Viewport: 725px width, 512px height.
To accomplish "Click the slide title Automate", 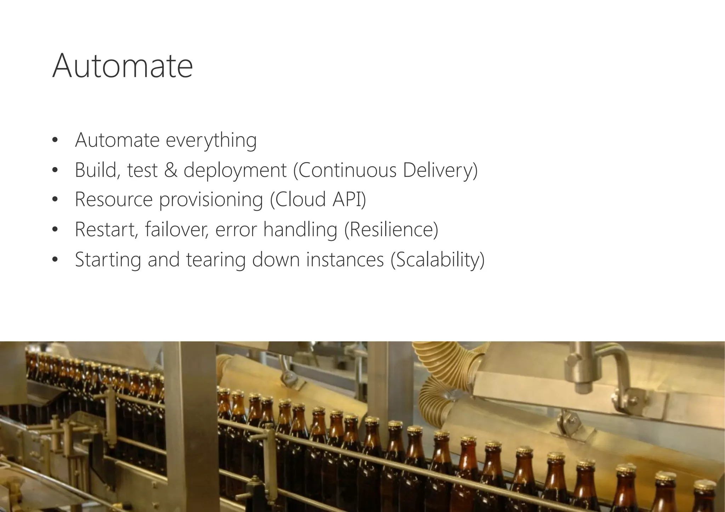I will tap(122, 66).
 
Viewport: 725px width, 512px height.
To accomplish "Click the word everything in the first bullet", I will tap(211, 140).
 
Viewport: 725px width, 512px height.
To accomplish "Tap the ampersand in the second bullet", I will tap(171, 170).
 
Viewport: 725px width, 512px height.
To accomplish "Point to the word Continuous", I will tap(348, 170).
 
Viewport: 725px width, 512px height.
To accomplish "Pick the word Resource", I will tap(114, 199).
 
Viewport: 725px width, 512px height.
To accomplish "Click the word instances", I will tap(345, 260).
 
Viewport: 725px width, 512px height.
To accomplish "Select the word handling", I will tap(300, 230).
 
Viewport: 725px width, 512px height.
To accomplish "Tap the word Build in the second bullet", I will tap(95, 170).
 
